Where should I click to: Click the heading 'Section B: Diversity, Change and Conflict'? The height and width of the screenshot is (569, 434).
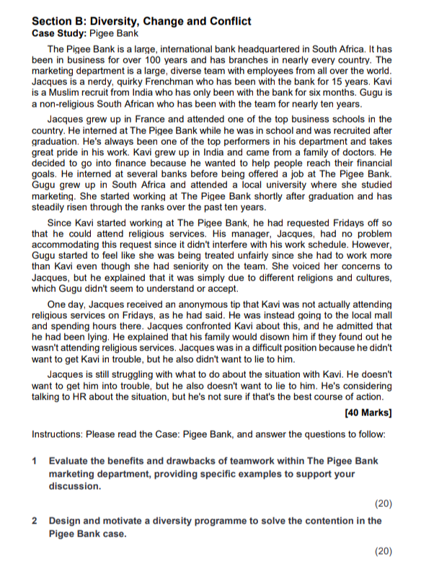142,21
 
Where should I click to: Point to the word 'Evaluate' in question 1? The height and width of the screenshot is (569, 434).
71,461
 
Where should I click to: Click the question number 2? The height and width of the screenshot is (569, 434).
35,520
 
